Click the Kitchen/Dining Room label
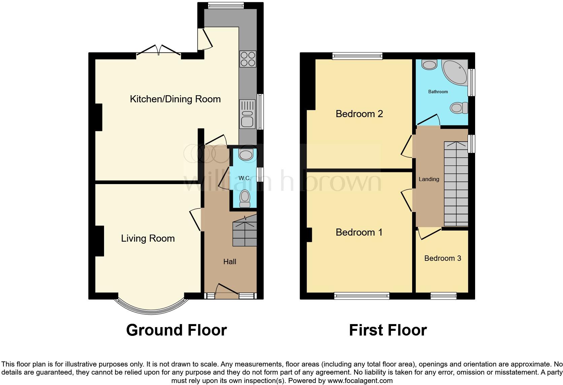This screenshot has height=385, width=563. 175,99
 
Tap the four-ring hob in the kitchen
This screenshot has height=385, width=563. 247,59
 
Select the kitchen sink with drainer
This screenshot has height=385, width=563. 247,114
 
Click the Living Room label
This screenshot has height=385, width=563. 148,238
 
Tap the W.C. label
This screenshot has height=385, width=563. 244,178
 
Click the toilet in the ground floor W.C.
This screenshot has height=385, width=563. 245,199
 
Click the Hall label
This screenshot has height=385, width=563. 230,261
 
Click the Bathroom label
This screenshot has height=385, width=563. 438,92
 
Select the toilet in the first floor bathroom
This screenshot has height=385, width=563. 459,108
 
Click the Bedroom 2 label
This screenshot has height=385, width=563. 359,114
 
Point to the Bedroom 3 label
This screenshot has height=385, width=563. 442,258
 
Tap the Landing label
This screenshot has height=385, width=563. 429,179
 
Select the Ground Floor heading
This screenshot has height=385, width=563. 176,330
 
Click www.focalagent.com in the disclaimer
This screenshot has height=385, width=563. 360,381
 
